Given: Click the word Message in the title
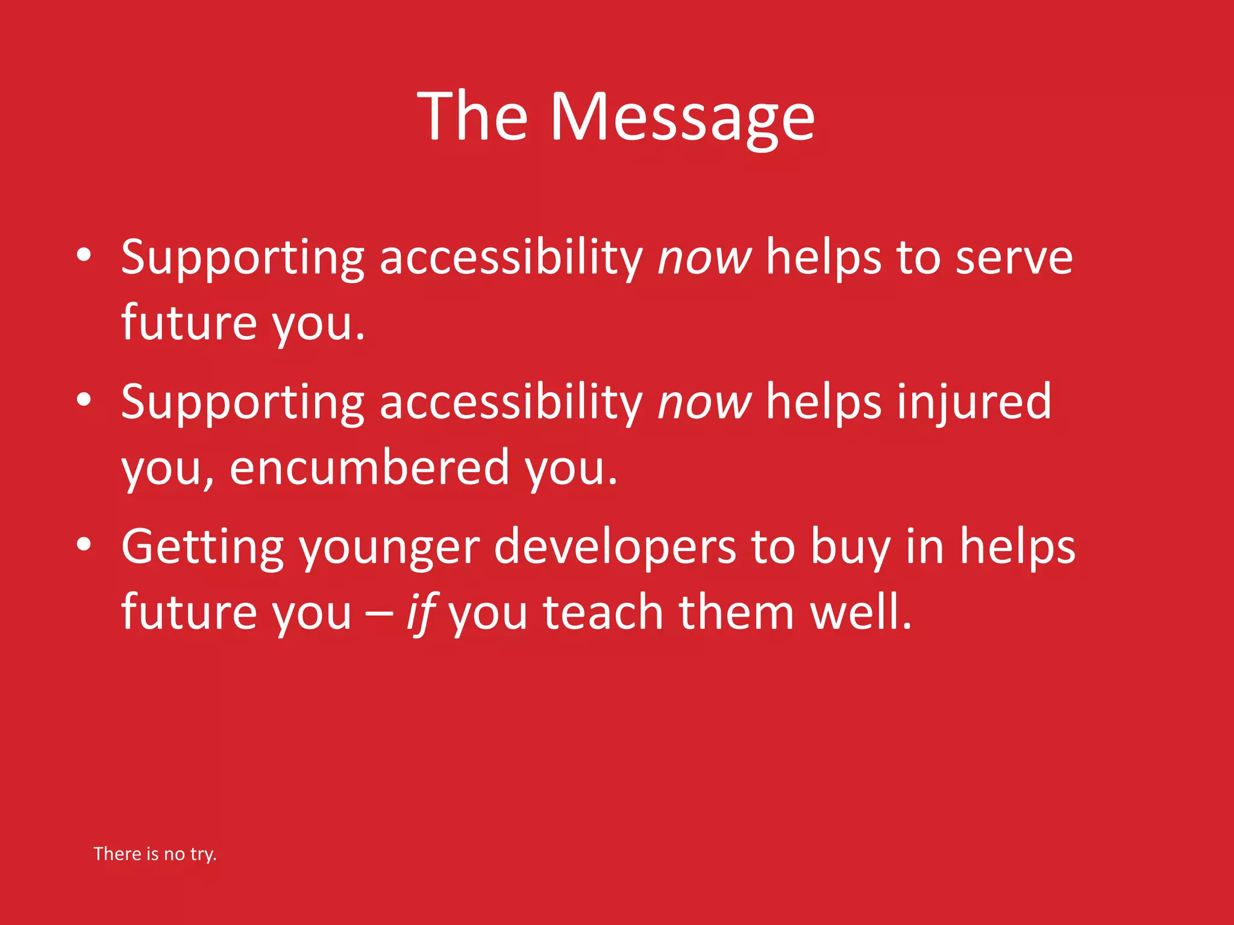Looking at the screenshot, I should (x=682, y=117).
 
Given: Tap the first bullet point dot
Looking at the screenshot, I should (x=84, y=255).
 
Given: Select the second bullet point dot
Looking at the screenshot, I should (x=84, y=399).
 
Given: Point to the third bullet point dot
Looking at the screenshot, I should (x=84, y=544).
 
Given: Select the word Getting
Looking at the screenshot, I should (x=202, y=547).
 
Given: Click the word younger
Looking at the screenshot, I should (x=390, y=549).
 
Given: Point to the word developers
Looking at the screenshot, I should (x=615, y=547).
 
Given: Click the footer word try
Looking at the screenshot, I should (x=203, y=854).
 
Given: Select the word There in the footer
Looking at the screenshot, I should (x=117, y=854).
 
